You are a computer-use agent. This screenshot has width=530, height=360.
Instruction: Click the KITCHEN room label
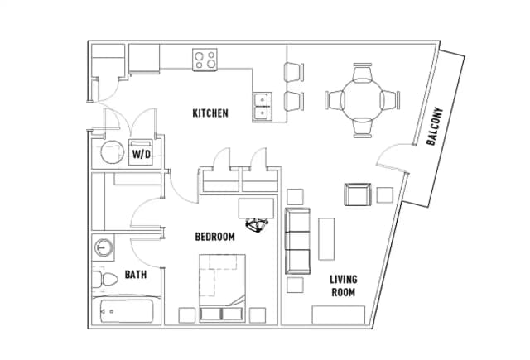210,113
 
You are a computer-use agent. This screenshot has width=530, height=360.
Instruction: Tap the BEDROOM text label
215,237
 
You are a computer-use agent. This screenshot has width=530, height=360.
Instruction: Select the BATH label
136,274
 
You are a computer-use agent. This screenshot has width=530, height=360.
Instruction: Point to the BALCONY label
435,127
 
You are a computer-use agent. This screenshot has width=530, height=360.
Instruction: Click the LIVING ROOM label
344,286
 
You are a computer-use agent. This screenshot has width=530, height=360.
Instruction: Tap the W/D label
142,154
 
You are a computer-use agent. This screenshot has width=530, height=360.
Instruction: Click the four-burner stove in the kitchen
205,60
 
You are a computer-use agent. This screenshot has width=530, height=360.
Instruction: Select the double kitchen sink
263,106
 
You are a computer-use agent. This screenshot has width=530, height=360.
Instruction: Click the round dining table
363,100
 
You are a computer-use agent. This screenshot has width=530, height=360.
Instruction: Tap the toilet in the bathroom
105,279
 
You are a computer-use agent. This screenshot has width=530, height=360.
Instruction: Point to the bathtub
123,310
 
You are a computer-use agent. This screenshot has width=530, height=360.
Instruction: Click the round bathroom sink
104,248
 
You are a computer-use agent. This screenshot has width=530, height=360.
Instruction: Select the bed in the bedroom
222,288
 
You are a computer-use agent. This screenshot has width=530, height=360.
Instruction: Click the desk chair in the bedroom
257,225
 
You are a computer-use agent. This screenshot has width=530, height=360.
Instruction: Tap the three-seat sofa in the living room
297,241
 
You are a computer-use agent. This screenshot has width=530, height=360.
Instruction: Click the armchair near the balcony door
358,194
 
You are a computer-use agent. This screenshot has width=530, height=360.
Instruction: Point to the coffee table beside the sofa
326,239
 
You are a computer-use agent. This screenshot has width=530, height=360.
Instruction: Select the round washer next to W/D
113,152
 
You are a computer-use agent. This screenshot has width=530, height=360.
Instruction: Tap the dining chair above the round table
363,71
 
